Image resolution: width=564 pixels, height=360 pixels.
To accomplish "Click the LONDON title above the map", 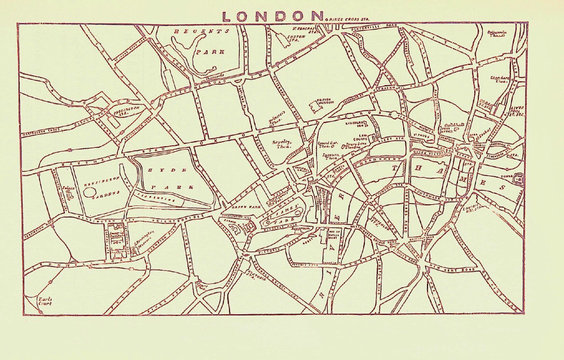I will point(275,15).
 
